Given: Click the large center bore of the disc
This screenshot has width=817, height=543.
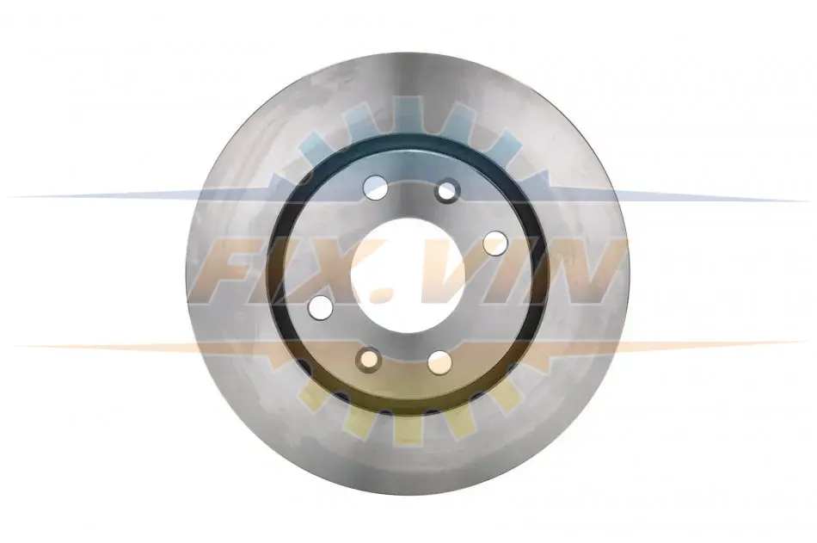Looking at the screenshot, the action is pyautogui.click(x=408, y=275).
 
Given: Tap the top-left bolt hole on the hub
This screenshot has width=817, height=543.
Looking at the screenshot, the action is pyautogui.click(x=376, y=188).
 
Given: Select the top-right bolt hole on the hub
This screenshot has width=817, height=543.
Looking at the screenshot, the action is pyautogui.click(x=447, y=190).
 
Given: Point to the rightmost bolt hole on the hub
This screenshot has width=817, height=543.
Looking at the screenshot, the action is pyautogui.click(x=495, y=244).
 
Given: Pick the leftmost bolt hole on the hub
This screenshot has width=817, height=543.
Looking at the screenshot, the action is pyautogui.click(x=321, y=306).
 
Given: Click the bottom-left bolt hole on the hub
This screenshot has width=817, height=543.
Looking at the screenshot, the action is pyautogui.click(x=369, y=360).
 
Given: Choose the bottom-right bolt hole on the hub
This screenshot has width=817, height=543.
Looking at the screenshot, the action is pyautogui.click(x=440, y=362).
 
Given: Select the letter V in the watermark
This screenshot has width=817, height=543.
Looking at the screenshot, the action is pyautogui.click(x=440, y=271).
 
